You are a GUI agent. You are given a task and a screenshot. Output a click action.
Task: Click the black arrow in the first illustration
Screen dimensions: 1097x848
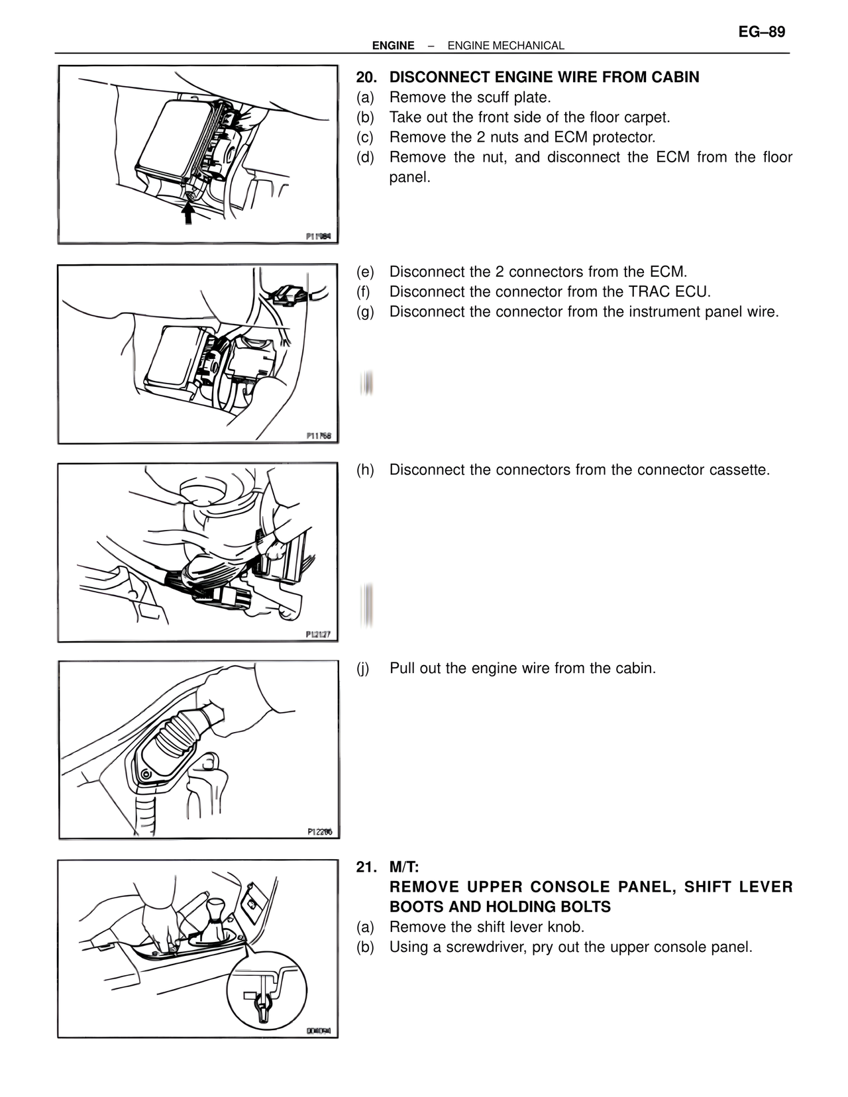pos(189,213)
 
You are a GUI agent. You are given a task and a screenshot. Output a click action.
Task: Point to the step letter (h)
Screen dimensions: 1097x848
pos(365,470)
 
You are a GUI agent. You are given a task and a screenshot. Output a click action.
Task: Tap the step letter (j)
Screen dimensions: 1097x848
pos(364,668)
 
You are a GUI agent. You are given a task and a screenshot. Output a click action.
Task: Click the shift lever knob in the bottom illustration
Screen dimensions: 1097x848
pos(216,911)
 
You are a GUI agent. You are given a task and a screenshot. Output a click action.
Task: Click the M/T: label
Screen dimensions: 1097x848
pos(404,867)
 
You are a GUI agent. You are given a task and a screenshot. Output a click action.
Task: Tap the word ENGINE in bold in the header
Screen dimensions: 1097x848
pos(393,46)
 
